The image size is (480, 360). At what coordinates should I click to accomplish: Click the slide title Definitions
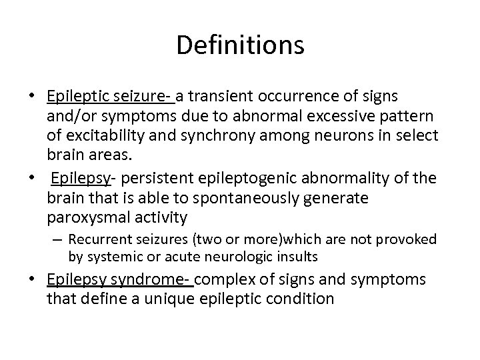tap(240, 45)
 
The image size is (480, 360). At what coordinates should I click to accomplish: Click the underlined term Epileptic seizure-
tap(109, 97)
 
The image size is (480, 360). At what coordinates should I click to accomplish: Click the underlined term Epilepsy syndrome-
tap(120, 280)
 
